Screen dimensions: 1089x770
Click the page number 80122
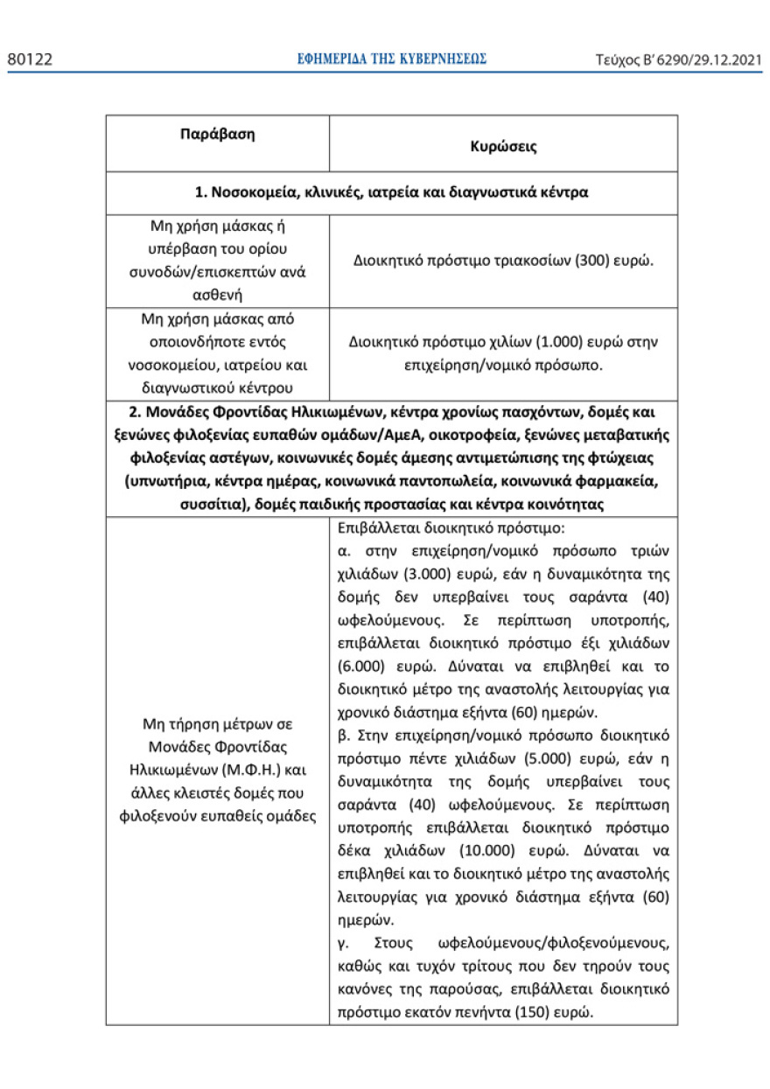tap(30, 59)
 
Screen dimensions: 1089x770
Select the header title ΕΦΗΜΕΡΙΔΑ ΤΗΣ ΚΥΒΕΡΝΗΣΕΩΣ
tap(392, 59)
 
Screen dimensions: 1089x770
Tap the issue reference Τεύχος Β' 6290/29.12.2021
tap(677, 59)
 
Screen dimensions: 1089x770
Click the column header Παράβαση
tap(217, 135)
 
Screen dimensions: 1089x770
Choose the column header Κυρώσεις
tap(503, 147)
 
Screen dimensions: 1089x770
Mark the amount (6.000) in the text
tap(366, 666)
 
